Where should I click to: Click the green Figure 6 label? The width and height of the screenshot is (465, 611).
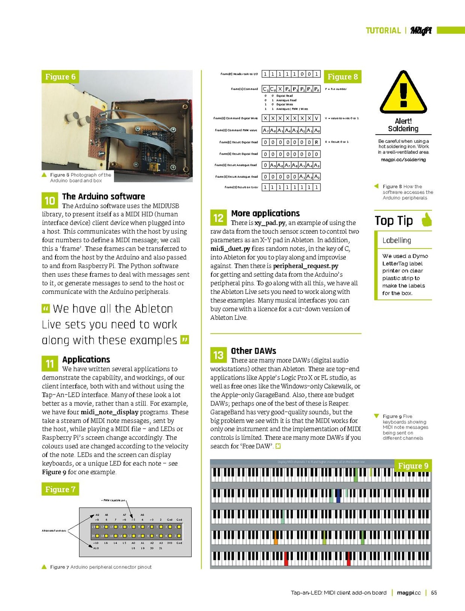pyautogui.click(x=60, y=77)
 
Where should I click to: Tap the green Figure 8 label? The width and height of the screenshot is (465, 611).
pyautogui.click(x=342, y=77)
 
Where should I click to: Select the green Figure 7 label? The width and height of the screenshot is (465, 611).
pyautogui.click(x=60, y=489)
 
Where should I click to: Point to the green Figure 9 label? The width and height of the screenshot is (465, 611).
pyautogui.click(x=413, y=466)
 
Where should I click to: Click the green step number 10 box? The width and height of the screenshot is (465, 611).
pyautogui.click(x=50, y=201)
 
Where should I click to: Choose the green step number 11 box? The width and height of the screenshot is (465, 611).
pyautogui.click(x=50, y=364)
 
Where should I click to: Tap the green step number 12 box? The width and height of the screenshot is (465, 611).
pyautogui.click(x=218, y=218)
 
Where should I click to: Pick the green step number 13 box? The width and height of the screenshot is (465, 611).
pyautogui.click(x=218, y=355)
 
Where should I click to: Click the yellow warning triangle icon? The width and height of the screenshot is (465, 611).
pyautogui.click(x=403, y=93)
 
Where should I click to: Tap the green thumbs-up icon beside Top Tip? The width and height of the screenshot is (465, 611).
pyautogui.click(x=426, y=219)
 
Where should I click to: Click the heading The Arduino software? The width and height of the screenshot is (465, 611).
pyautogui.click(x=103, y=196)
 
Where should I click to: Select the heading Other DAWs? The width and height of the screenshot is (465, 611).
pyautogui.click(x=253, y=351)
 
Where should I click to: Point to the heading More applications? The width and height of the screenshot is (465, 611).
pyautogui.click(x=265, y=213)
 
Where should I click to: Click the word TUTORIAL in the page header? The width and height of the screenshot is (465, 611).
pyautogui.click(x=383, y=31)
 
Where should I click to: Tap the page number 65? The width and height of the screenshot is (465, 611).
pyautogui.click(x=434, y=592)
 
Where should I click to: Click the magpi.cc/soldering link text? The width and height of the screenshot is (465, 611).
pyautogui.click(x=403, y=160)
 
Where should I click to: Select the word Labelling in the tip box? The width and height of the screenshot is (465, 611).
pyautogui.click(x=397, y=240)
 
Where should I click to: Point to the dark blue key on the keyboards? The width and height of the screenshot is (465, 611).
pyautogui.click(x=338, y=496)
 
